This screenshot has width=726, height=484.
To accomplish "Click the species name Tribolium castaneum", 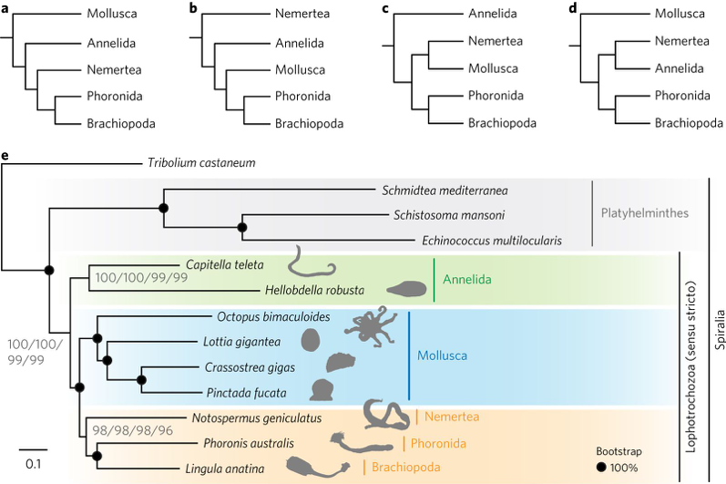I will click(201, 163).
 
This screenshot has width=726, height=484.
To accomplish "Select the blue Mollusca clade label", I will click(448, 354).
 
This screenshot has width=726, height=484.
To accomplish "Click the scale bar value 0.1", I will click(32, 463).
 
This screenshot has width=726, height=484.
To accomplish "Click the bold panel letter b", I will click(192, 9).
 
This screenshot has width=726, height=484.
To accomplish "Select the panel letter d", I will click(571, 9).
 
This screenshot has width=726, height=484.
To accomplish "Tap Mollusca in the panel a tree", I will click(114, 14).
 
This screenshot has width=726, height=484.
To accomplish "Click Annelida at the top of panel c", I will click(493, 14).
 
